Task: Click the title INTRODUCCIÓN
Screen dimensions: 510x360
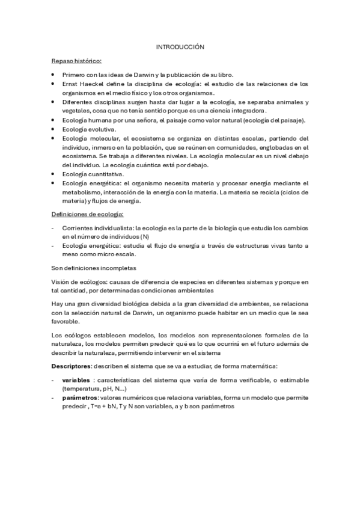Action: pyautogui.click(x=180, y=46)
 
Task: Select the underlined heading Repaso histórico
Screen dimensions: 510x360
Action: pyautogui.click(x=76, y=61)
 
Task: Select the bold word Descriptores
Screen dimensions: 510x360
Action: pyautogui.click(x=72, y=366)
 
